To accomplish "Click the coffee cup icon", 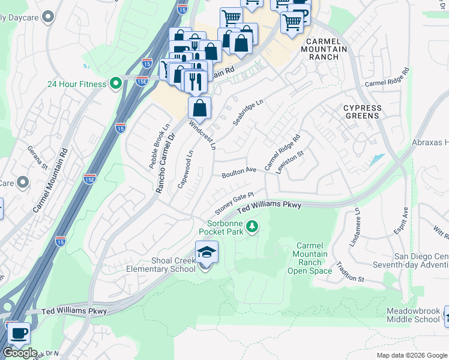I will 18,333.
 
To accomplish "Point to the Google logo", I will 20,353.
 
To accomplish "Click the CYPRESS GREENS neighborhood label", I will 362,112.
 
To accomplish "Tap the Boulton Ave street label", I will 239,172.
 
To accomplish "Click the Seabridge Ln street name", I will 248,113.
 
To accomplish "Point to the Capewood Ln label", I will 185,170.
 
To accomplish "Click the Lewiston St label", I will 290,162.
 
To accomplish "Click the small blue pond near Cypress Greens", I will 377,160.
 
